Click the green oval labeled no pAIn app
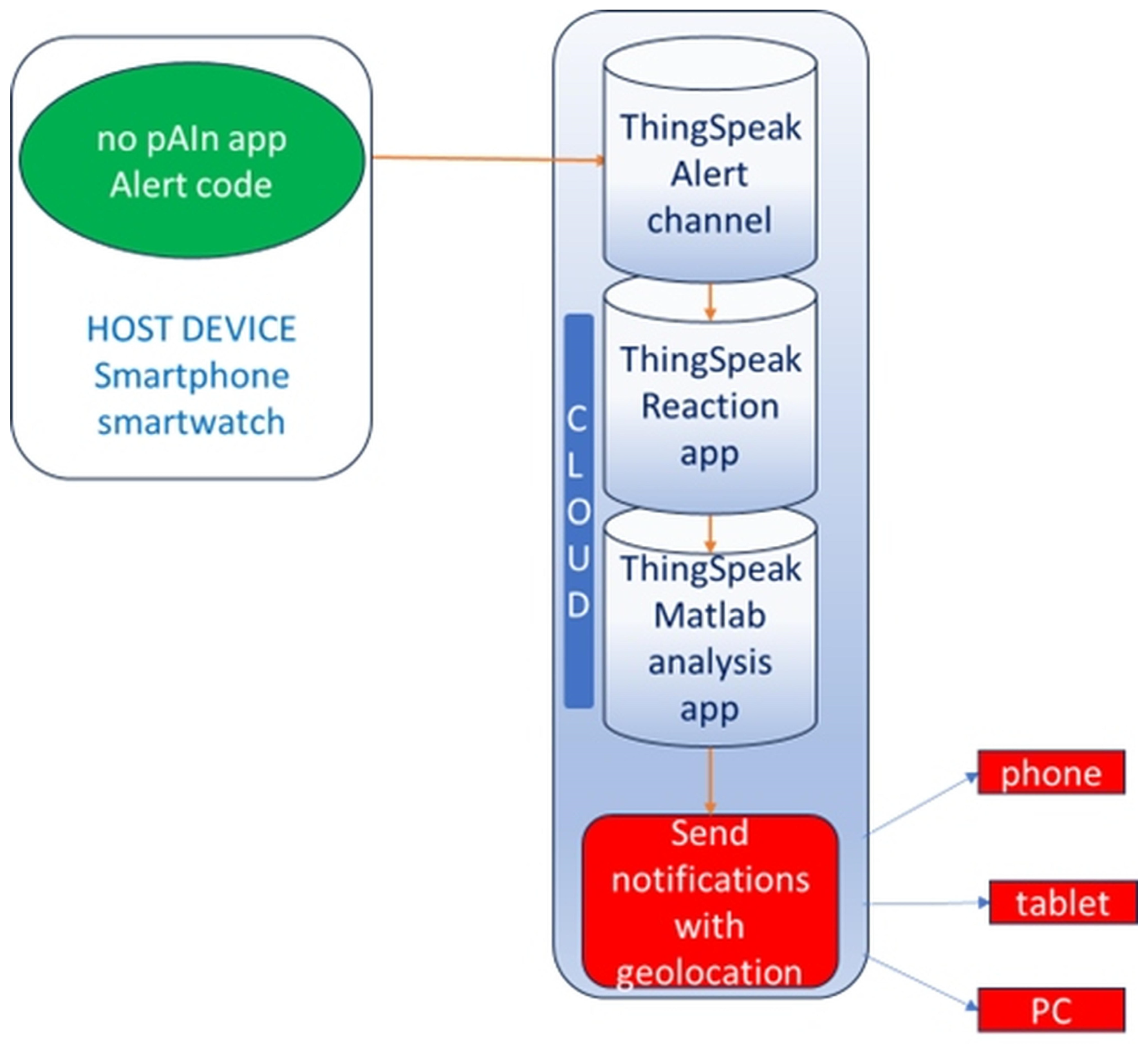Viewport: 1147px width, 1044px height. coord(192,160)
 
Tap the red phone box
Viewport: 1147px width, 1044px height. coord(1051,772)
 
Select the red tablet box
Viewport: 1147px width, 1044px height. coord(1063,902)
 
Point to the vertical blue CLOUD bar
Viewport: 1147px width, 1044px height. coord(579,511)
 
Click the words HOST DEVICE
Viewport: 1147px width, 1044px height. coord(191,329)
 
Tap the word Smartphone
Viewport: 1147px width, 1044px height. coord(192,376)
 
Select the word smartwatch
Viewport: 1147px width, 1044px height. coord(191,422)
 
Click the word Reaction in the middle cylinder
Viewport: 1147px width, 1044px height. coord(710,406)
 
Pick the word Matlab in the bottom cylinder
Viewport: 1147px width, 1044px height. coord(710,615)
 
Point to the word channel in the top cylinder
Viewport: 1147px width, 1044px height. coord(709,220)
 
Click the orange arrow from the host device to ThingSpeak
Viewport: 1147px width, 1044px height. coord(489,158)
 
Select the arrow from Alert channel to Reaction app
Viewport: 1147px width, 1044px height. coord(710,301)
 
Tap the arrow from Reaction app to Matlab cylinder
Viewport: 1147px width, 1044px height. coord(710,533)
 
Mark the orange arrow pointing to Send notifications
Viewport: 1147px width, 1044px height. coord(710,780)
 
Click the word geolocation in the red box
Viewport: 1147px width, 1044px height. coord(709,973)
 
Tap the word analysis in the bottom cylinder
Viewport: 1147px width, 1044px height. coord(710,662)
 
